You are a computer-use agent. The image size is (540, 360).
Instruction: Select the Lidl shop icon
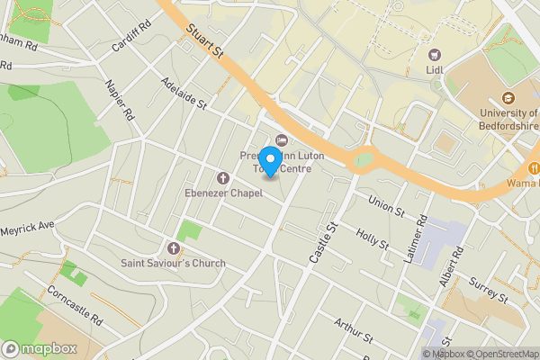click(436, 56)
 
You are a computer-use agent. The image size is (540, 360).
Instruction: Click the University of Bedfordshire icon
click(508, 98)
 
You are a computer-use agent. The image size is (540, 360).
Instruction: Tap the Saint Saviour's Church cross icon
click(174, 247)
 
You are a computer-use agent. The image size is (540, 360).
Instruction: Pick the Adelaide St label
click(183, 93)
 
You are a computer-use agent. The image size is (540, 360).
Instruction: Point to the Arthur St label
click(352, 331)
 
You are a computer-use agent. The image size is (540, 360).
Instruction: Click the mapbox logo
click(40, 348)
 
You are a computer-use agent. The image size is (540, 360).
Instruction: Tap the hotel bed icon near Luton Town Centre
click(281, 139)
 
